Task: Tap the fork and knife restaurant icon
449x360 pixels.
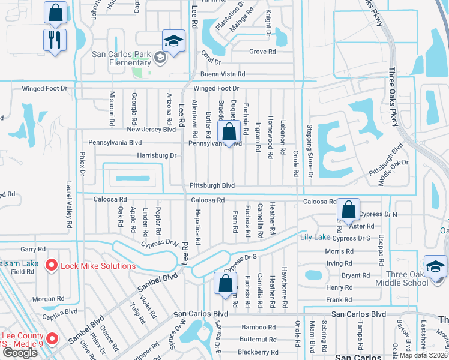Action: [55, 40]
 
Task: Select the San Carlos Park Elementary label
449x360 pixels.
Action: [121, 58]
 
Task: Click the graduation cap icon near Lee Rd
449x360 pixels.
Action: [173, 41]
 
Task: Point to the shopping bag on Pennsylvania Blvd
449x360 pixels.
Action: [229, 131]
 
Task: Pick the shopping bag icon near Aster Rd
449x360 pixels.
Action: [348, 209]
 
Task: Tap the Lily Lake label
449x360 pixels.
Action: [315, 238]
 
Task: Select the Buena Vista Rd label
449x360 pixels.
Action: [223, 74]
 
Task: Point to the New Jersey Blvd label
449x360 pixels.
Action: [151, 130]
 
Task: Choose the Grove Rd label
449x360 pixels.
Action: [262, 52]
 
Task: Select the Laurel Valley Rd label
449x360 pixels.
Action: [70, 204]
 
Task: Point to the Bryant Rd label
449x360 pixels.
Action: [355, 275]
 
